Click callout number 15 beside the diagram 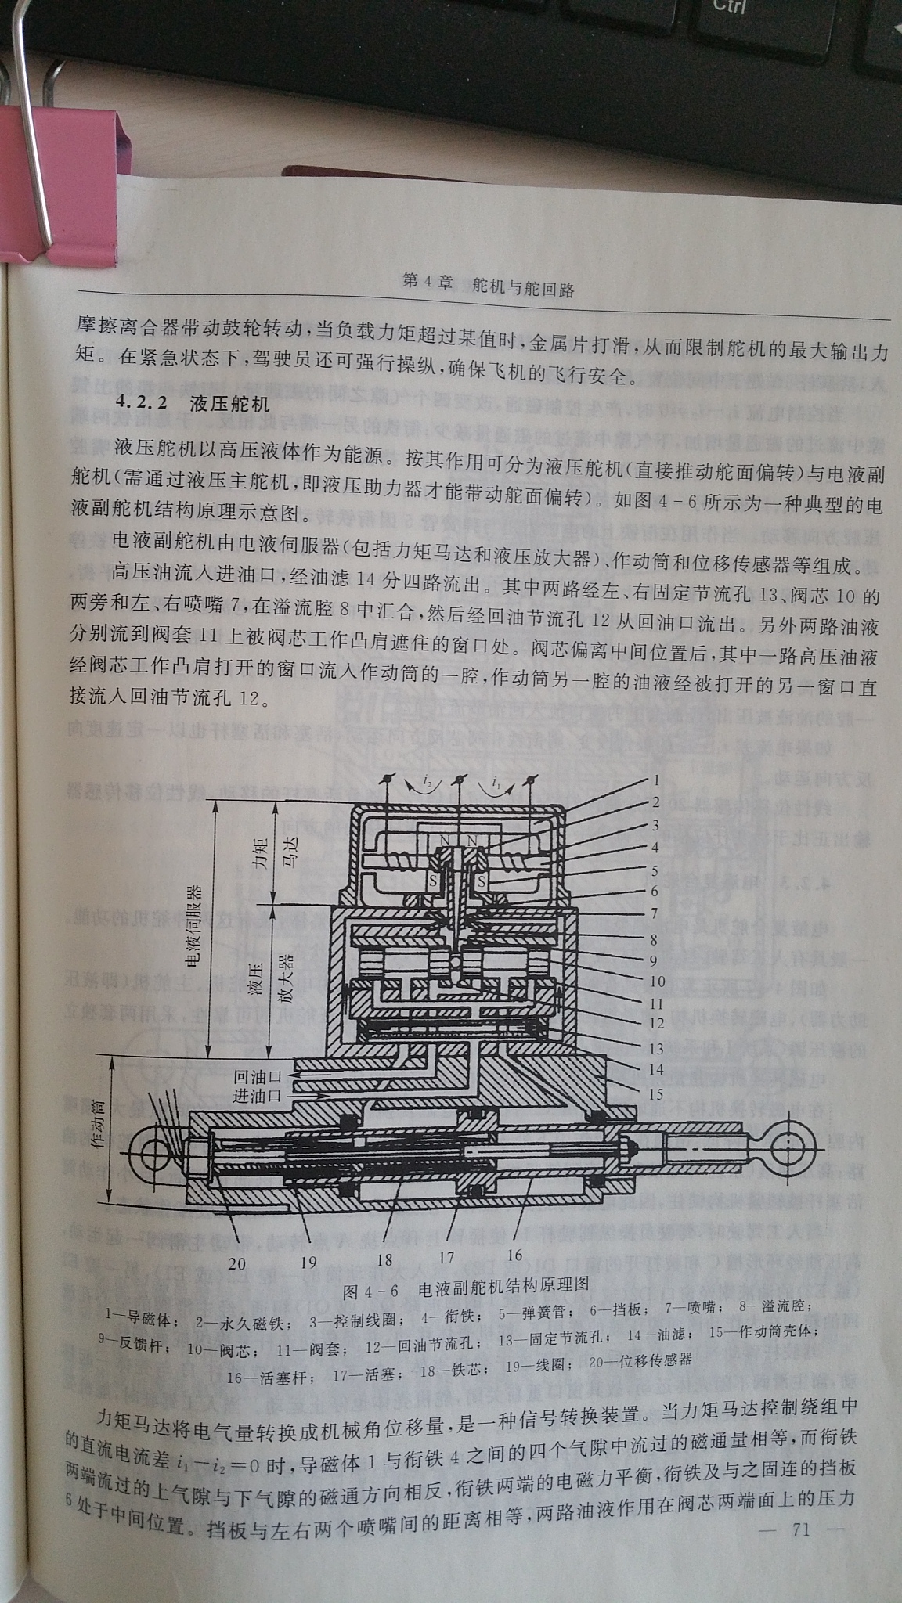tap(655, 1094)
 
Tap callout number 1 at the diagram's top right tap(655, 780)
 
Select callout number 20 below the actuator tap(236, 1262)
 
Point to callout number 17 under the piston tap(446, 1258)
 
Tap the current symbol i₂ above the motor tap(427, 781)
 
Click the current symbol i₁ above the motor tap(496, 781)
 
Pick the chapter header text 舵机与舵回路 tap(524, 289)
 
